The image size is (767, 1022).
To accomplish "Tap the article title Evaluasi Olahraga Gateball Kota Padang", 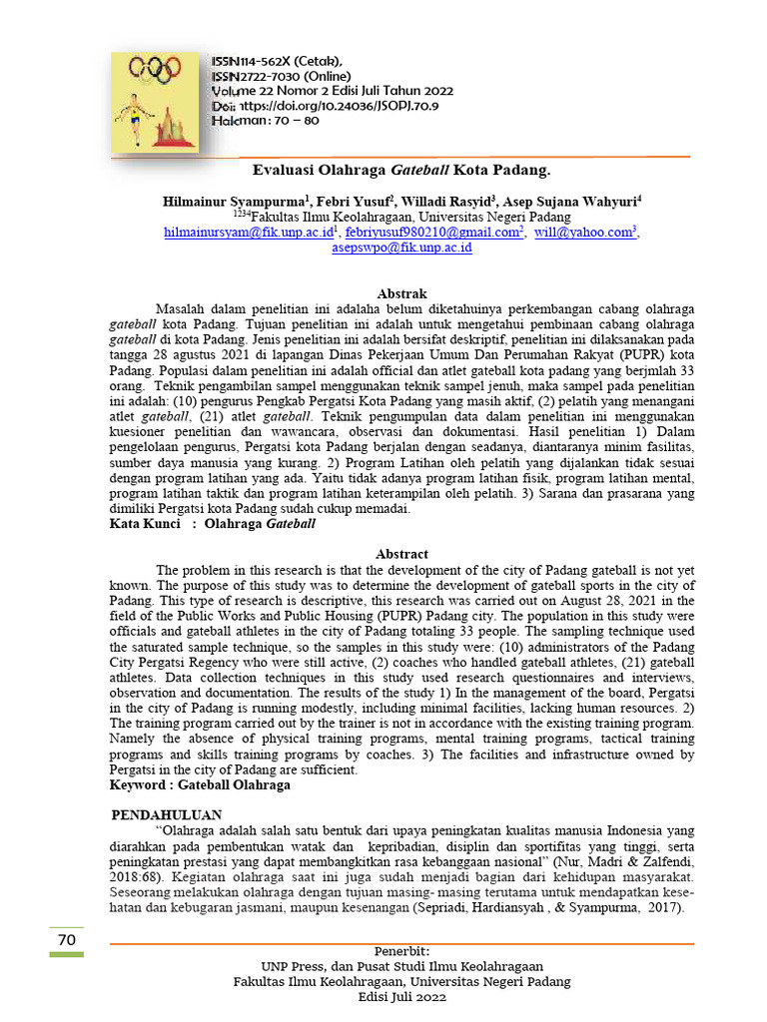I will [x=400, y=171].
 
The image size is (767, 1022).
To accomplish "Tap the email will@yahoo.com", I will [x=584, y=233].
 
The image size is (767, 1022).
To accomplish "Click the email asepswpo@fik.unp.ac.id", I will [x=401, y=248].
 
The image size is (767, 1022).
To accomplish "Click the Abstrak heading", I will [x=401, y=294].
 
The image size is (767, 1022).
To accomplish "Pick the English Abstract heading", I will [x=401, y=554].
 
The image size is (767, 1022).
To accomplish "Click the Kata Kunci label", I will [x=145, y=523].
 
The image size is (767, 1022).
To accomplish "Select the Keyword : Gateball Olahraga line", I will [x=200, y=785].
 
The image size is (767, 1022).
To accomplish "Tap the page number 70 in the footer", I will [x=67, y=940].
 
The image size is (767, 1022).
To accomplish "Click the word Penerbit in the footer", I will [x=401, y=951].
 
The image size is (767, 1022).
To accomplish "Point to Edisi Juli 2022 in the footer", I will [x=401, y=997].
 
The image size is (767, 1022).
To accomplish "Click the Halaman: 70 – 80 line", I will [x=266, y=120].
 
